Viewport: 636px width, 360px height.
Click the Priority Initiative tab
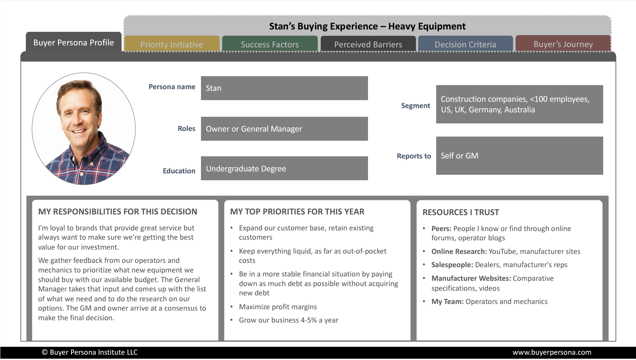[x=172, y=44]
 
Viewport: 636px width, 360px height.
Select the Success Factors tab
[x=270, y=44]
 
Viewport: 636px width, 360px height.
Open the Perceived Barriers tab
[x=368, y=44]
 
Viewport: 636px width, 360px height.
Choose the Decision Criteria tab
[x=465, y=44]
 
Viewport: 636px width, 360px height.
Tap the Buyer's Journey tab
[x=563, y=44]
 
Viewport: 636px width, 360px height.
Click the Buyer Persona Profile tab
[x=74, y=42]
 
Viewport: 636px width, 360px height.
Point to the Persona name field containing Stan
[x=284, y=88]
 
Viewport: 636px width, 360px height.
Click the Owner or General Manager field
[x=284, y=129]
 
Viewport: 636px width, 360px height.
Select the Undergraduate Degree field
[x=284, y=168]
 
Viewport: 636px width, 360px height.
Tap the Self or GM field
[x=519, y=156]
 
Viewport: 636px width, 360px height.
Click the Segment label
[x=415, y=106]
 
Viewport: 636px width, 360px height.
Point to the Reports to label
[x=414, y=156]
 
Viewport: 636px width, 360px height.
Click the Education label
[x=179, y=171]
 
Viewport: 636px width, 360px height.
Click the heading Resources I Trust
[x=460, y=212]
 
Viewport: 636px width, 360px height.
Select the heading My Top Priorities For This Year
[x=297, y=212]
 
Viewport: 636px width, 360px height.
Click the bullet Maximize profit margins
[x=278, y=307]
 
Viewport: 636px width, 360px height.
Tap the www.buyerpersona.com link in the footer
[x=552, y=352]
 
